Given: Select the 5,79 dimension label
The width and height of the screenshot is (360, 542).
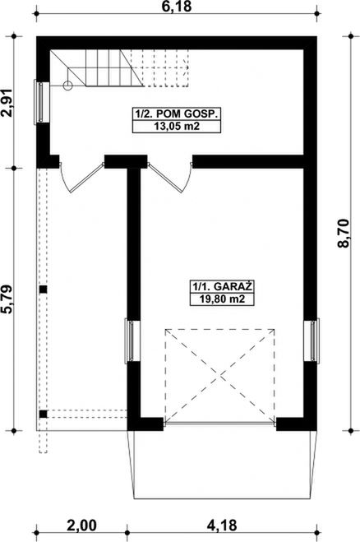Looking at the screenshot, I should click(x=10, y=299).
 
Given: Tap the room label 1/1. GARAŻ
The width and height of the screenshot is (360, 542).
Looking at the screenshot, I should click(x=219, y=286).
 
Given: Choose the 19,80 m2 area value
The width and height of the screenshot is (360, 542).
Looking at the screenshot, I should click(x=219, y=299).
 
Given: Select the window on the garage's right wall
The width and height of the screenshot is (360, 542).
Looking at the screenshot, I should click(x=314, y=340).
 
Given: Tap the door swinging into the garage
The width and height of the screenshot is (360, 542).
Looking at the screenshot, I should click(x=171, y=174).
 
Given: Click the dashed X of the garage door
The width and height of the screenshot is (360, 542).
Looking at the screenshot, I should click(x=219, y=374).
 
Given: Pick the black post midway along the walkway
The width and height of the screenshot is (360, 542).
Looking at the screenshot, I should click(x=44, y=289).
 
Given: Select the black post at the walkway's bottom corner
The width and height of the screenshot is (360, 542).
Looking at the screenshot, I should click(x=44, y=414).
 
